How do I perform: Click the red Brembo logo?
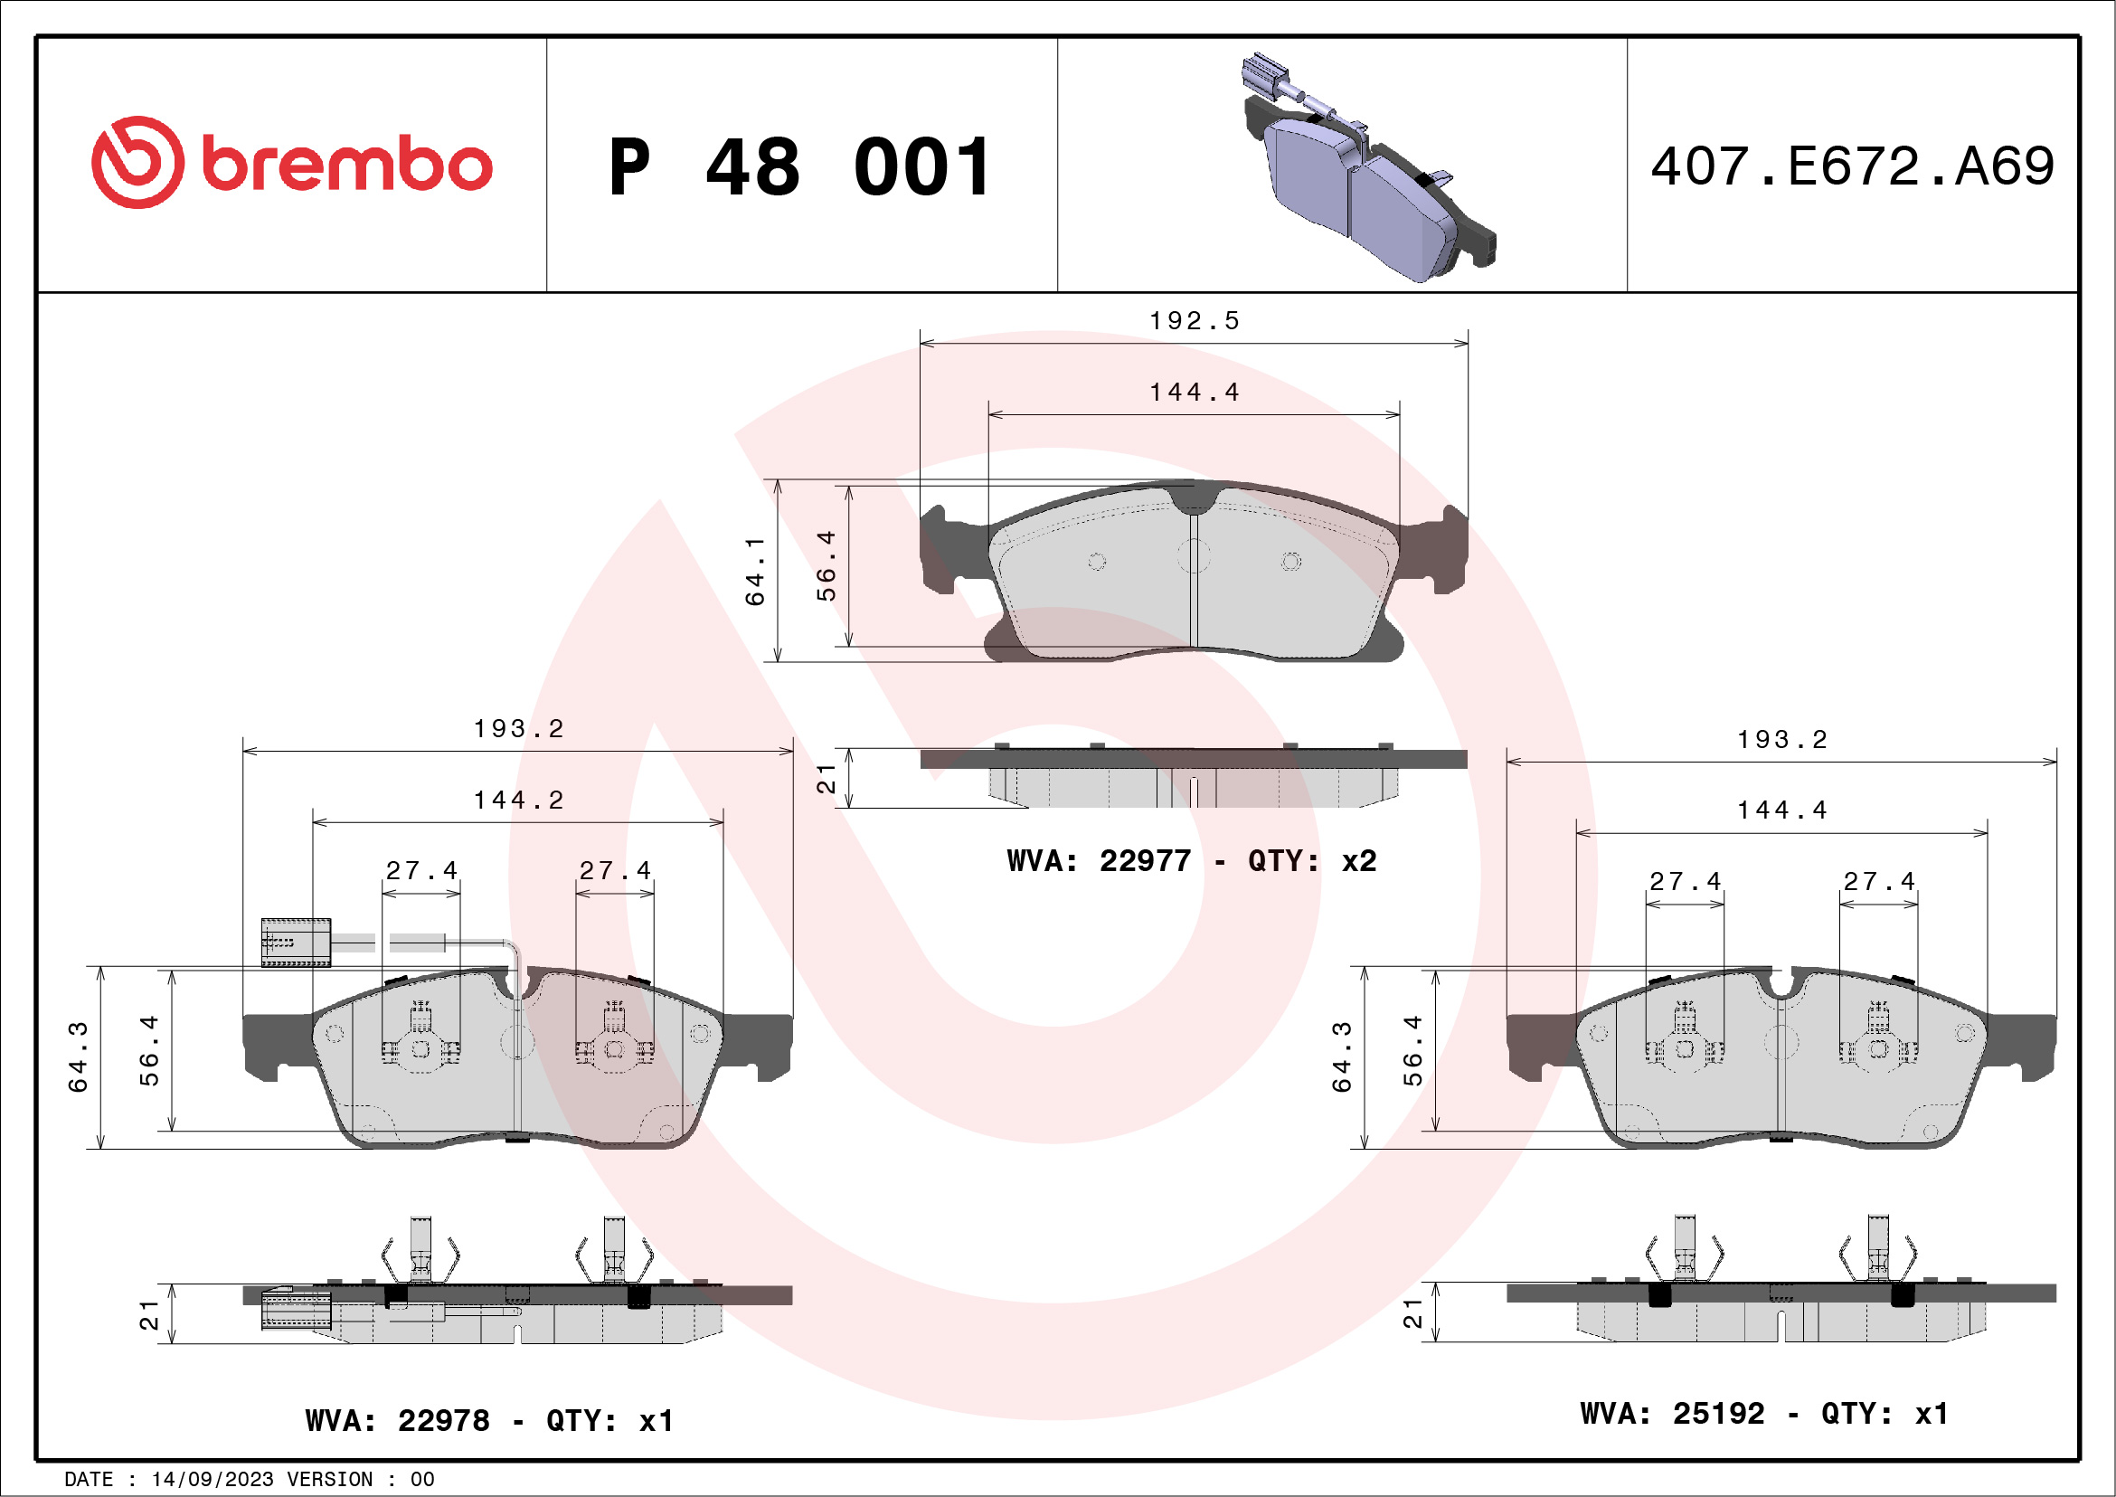tap(291, 162)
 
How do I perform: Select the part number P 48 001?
tap(800, 166)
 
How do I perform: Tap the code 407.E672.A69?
tap(1853, 166)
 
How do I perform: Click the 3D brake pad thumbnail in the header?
tap(1369, 166)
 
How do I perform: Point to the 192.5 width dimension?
tap(1195, 321)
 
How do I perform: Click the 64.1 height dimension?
tap(755, 572)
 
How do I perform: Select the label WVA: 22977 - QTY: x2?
tap(1192, 861)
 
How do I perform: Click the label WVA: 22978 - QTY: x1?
tap(489, 1420)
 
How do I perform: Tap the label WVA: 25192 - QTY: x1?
tap(1764, 1413)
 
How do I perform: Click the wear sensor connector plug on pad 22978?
tap(296, 943)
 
